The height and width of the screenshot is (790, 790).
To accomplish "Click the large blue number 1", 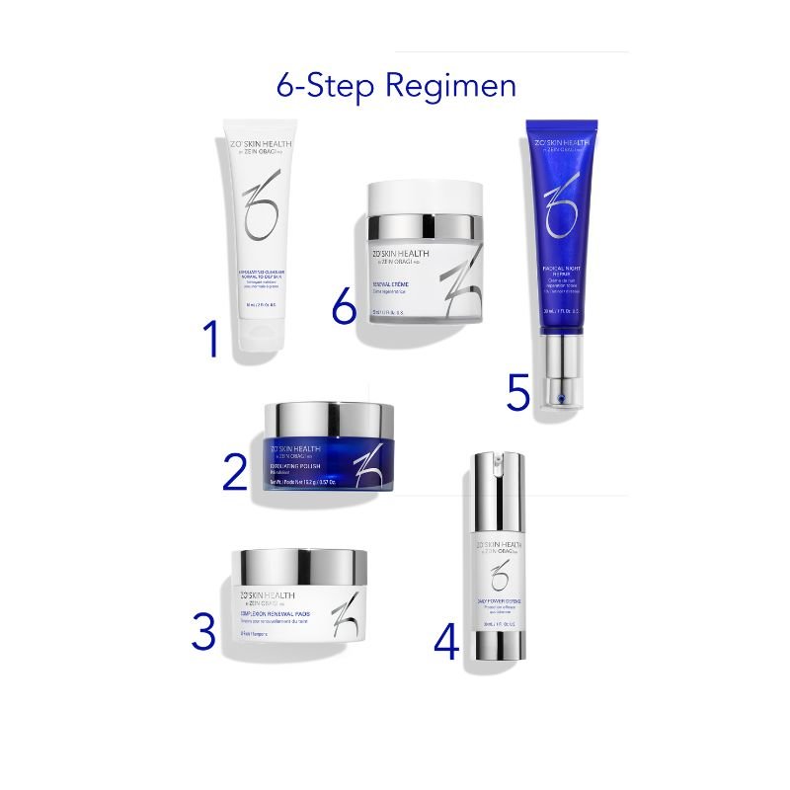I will point(208,339).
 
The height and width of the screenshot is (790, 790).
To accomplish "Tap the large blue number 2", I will point(234,470).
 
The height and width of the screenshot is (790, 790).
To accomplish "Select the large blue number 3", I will point(202,632).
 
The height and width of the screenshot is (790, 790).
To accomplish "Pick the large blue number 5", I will point(518,392).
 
